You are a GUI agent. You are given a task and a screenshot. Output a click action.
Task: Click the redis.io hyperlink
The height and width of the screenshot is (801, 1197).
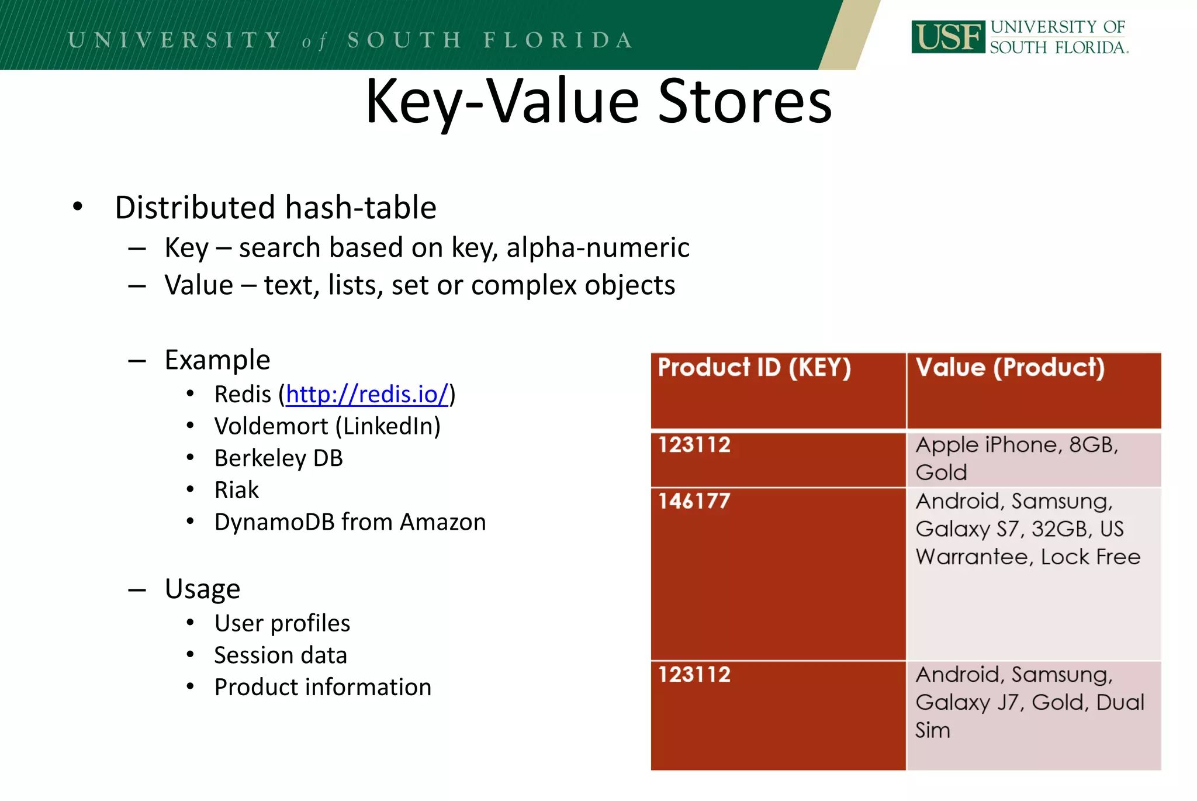pos(367,395)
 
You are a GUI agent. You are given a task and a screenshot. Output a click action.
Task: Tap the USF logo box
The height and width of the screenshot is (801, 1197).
pos(948,37)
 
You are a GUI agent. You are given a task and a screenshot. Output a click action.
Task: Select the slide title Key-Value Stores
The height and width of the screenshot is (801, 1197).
pos(598,102)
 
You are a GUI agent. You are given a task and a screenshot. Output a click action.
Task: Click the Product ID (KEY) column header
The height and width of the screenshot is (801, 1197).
pos(778,390)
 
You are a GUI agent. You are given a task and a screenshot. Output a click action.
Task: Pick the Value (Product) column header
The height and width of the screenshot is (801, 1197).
pos(1033,390)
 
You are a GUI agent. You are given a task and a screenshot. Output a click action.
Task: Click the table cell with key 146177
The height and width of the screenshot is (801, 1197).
pos(778,574)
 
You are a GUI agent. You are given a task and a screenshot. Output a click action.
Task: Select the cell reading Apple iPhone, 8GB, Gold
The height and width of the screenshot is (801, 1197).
pos(1033,459)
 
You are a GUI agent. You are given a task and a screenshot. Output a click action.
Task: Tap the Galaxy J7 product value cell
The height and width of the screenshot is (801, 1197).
pos(1033,714)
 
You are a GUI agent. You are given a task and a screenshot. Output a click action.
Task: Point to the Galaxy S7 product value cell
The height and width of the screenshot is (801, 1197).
pos(1033,574)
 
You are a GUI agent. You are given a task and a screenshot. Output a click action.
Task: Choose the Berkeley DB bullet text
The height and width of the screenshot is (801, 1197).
pos(278,458)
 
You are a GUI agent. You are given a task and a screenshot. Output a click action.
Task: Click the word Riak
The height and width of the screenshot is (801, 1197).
pos(236,490)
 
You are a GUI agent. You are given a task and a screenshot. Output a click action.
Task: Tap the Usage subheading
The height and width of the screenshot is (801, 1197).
pos(202,589)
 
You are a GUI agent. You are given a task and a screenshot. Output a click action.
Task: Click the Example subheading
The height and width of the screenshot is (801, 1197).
pos(217,360)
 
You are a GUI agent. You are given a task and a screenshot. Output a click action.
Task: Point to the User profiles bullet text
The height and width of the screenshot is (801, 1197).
pos(282,623)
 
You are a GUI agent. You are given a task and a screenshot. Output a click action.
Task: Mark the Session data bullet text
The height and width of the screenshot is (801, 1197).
pos(281,655)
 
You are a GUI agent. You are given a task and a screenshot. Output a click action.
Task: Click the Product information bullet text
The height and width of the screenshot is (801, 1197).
pos(323,688)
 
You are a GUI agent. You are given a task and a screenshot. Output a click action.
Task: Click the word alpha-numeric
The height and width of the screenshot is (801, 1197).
pos(597,248)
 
